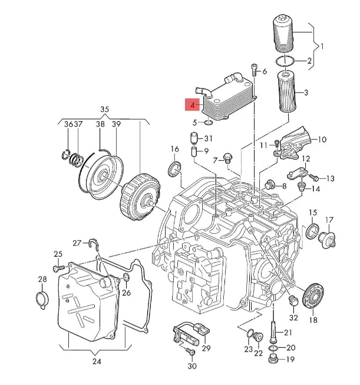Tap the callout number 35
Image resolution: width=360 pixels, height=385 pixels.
click(105, 109)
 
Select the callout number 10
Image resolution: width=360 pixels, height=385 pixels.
click(322, 140)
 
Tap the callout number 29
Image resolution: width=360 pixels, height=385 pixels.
click(206, 349)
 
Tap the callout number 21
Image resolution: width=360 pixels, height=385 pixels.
click(288, 333)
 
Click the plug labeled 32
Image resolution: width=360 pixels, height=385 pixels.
click(291, 302)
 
